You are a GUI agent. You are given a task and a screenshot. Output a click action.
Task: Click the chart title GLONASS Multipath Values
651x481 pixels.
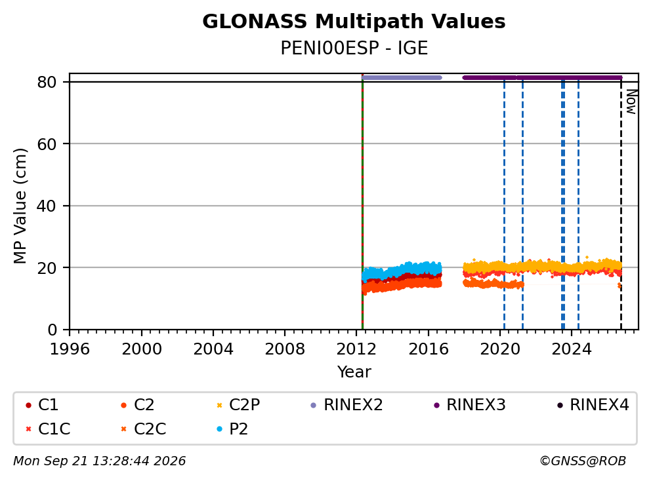pos(354,22)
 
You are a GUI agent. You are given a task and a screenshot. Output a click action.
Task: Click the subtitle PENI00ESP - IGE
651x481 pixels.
pos(354,48)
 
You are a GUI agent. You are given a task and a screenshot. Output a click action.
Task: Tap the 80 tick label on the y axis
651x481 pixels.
pos(47,82)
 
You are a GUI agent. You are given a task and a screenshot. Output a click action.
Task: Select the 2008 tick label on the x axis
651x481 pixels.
pos(285,349)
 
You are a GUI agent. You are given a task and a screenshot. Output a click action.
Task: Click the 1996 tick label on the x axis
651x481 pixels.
pos(70,349)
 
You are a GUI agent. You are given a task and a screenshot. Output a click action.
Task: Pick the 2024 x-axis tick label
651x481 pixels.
pos(572,349)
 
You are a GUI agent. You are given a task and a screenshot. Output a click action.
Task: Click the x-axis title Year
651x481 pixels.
pos(354,372)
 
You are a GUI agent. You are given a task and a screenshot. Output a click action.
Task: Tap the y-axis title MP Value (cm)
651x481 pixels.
pos(20,206)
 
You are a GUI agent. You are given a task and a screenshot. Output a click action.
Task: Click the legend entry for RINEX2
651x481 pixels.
pos(347,405)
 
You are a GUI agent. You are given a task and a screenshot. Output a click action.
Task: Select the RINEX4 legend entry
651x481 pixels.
pos(593,405)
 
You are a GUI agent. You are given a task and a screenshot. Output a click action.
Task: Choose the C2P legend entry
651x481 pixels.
pos(238,405)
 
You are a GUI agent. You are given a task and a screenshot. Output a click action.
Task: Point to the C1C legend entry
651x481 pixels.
pos(48,429)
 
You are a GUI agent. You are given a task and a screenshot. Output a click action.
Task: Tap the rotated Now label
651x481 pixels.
pos(631,102)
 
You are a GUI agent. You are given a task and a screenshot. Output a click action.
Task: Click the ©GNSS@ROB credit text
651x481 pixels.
pos(583,461)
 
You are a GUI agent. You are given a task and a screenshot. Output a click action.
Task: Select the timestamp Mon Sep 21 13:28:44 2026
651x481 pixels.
pos(100,461)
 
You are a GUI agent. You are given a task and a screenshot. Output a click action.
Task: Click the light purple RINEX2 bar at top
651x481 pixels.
pos(402,77)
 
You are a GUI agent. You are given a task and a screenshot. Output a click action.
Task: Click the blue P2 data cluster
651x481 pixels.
pos(402,271)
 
